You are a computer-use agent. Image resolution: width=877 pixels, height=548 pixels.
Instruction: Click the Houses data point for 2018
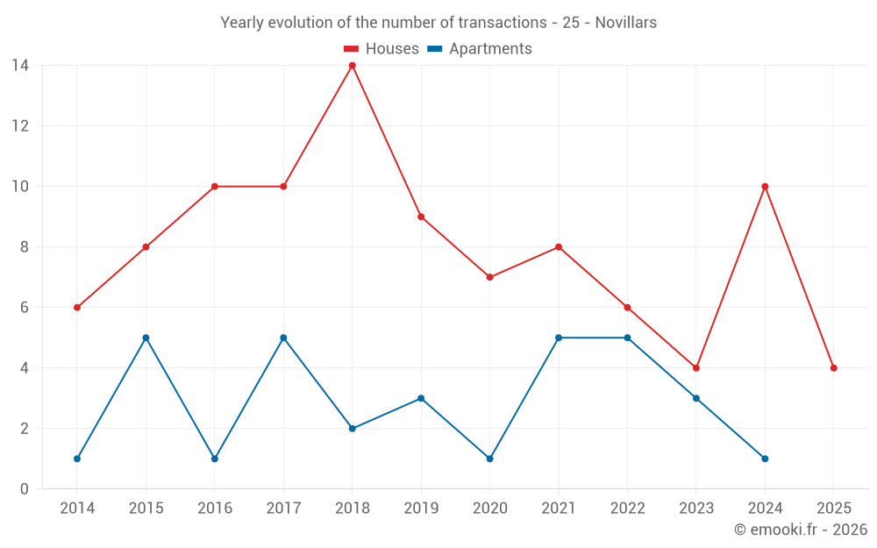[x=352, y=66]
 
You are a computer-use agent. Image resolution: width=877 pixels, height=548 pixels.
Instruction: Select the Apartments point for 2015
[x=146, y=338]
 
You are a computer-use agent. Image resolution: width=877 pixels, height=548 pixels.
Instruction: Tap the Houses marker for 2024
[x=765, y=187]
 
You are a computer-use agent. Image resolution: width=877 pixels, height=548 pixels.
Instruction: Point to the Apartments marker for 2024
[x=765, y=459]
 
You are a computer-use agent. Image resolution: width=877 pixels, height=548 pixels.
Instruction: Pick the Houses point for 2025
[x=833, y=368]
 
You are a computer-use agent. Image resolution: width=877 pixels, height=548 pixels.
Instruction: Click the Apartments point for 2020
[x=489, y=459]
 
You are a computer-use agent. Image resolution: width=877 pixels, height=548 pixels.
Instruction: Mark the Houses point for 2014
[x=77, y=308]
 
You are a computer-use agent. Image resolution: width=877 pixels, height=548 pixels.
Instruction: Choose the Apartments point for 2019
[x=421, y=398]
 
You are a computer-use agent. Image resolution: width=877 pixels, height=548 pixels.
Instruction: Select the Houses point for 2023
[x=696, y=368]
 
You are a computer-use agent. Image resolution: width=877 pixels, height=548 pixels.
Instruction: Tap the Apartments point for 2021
[x=559, y=338]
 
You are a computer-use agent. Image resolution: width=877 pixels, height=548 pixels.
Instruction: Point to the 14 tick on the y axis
[x=20, y=65]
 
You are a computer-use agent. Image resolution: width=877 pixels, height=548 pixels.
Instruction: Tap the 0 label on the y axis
[x=25, y=489]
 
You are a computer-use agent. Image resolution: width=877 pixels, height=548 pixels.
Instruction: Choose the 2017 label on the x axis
[x=283, y=508]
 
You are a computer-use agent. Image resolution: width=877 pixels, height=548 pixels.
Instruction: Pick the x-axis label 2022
[x=627, y=508]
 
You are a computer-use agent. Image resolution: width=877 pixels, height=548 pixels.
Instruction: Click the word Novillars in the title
[x=625, y=23]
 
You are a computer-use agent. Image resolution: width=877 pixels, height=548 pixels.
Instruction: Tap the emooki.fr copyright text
[x=800, y=530]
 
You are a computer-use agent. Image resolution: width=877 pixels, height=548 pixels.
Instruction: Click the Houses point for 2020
[x=489, y=277]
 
